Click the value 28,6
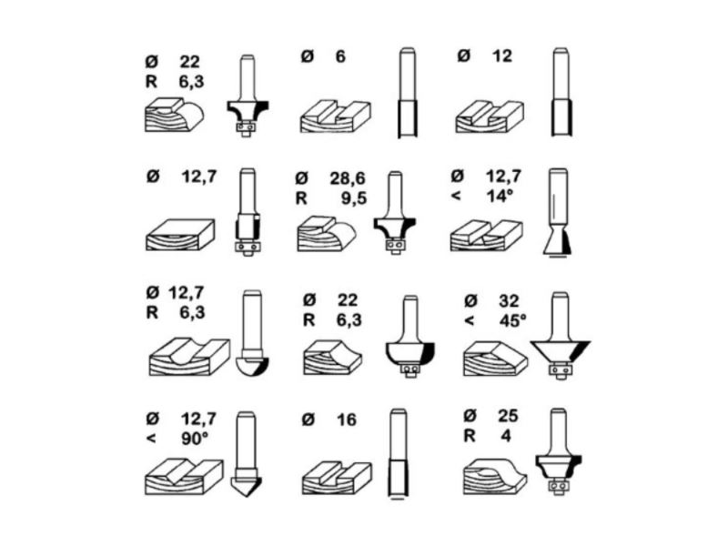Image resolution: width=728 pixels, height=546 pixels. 348,178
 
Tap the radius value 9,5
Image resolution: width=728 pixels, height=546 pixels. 354,198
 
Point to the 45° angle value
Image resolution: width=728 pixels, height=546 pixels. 512,321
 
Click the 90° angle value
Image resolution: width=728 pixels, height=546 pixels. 194,439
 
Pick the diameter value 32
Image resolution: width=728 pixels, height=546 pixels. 509,301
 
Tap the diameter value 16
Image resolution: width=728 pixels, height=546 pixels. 347,420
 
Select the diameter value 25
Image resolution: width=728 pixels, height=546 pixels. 508,416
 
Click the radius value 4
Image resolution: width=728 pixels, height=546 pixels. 506,436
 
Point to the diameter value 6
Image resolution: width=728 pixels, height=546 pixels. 340,56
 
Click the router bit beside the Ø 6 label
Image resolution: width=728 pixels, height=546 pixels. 407,93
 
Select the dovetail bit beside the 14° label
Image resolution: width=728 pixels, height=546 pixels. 558,212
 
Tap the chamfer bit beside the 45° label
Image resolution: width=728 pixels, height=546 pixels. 560,336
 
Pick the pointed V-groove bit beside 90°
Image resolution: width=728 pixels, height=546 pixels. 246,454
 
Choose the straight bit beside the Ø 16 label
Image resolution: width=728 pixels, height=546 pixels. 399,454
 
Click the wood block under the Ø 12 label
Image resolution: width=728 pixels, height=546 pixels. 490,116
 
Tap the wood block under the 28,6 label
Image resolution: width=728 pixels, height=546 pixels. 327,234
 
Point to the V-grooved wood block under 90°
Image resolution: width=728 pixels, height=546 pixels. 185,477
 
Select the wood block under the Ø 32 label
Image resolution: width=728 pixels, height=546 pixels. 495,359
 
